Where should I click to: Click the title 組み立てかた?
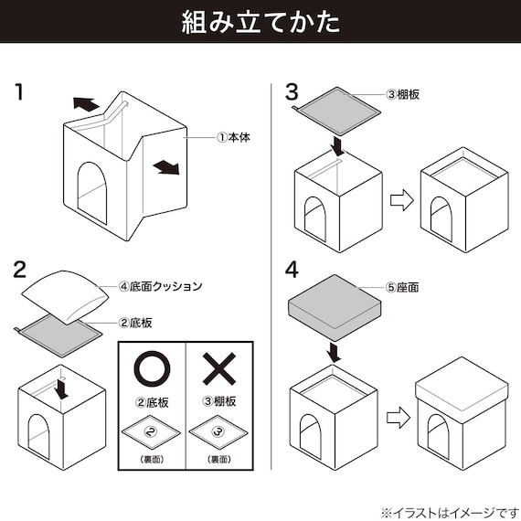tap(260, 22)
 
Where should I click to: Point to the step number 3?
tap(292, 91)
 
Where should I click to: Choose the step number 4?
tap(292, 270)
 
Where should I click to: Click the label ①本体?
tap(233, 137)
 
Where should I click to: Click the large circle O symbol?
tap(153, 369)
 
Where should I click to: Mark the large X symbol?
tap(218, 369)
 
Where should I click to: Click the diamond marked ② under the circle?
tap(153, 429)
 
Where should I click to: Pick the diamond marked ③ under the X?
tap(218, 429)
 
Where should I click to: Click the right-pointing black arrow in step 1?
tap(165, 167)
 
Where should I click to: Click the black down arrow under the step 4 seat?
tap(335, 351)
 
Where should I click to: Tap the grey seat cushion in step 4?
tap(334, 305)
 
